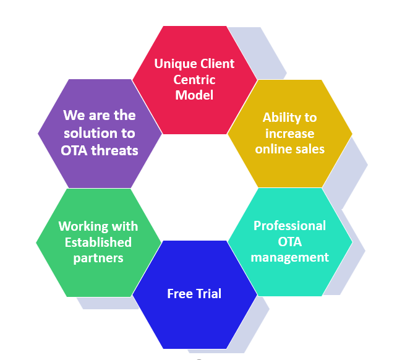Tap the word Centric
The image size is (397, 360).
coord(194,80)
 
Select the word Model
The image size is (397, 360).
coord(194,95)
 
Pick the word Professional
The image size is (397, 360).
coord(289,225)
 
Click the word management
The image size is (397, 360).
coord(289,257)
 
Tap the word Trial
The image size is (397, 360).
coord(208,294)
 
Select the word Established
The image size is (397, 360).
coord(98,242)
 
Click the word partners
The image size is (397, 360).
coord(98,258)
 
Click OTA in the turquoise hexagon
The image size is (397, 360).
coord(289,241)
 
